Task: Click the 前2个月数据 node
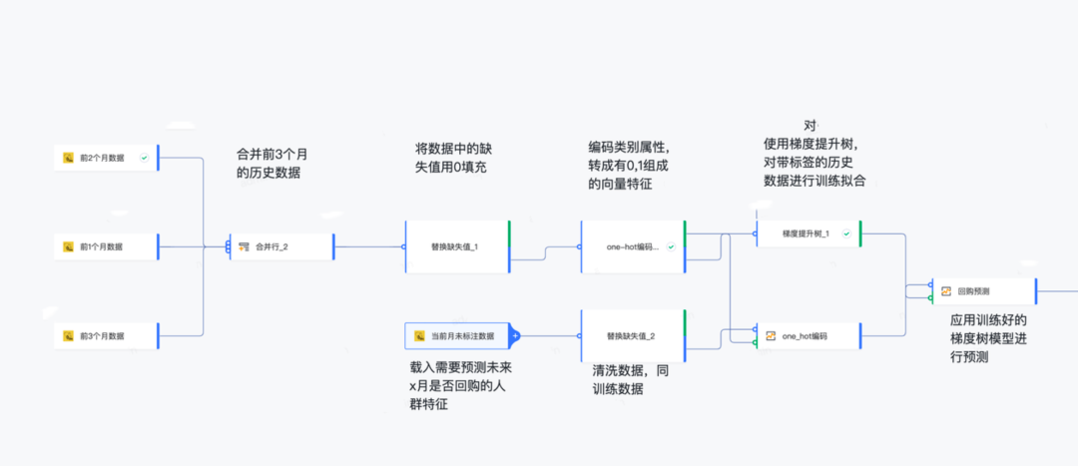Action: pyautogui.click(x=106, y=158)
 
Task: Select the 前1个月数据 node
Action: pyautogui.click(x=106, y=245)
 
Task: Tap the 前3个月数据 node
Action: pyautogui.click(x=106, y=335)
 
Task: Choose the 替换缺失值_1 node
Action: pyautogui.click(x=456, y=246)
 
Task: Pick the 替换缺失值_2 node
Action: pyautogui.click(x=632, y=335)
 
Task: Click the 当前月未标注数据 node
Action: pyautogui.click(x=459, y=336)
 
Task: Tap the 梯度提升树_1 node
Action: pyautogui.click(x=807, y=233)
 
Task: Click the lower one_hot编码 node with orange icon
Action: pyautogui.click(x=807, y=336)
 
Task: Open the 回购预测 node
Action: pyautogui.click(x=982, y=291)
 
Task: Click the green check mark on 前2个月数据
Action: pyautogui.click(x=145, y=158)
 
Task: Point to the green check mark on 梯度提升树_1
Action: pyautogui.click(x=846, y=233)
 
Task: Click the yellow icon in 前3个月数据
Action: pyautogui.click(x=69, y=335)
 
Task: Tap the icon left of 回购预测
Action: pyautogui.click(x=945, y=291)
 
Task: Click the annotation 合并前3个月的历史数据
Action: pyautogui.click(x=271, y=163)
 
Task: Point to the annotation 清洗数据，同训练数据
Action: pyautogui.click(x=629, y=379)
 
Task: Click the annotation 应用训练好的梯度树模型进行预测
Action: pyautogui.click(x=988, y=337)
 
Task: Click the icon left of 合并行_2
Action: pyautogui.click(x=244, y=246)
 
